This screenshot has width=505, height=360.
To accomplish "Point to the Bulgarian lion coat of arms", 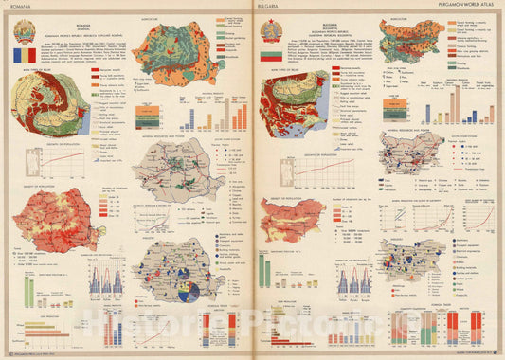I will coord(271,30).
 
